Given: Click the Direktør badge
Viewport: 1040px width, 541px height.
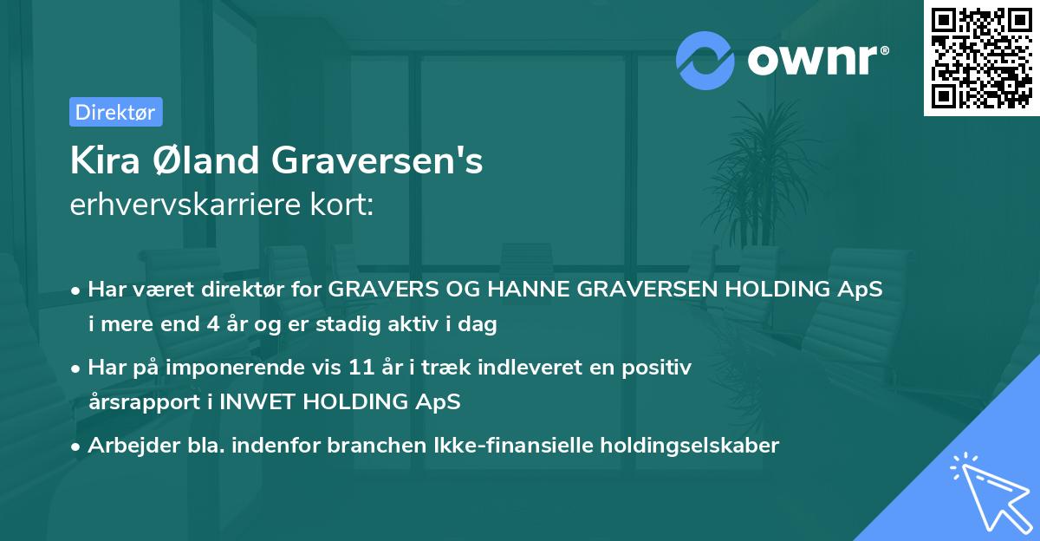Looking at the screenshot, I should coord(115,112).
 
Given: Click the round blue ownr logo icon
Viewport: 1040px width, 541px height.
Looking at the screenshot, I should coord(705,60).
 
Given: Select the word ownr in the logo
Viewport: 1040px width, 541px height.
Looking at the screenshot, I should coord(813,60).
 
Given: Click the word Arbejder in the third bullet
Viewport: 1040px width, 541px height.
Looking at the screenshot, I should coord(125,446).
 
